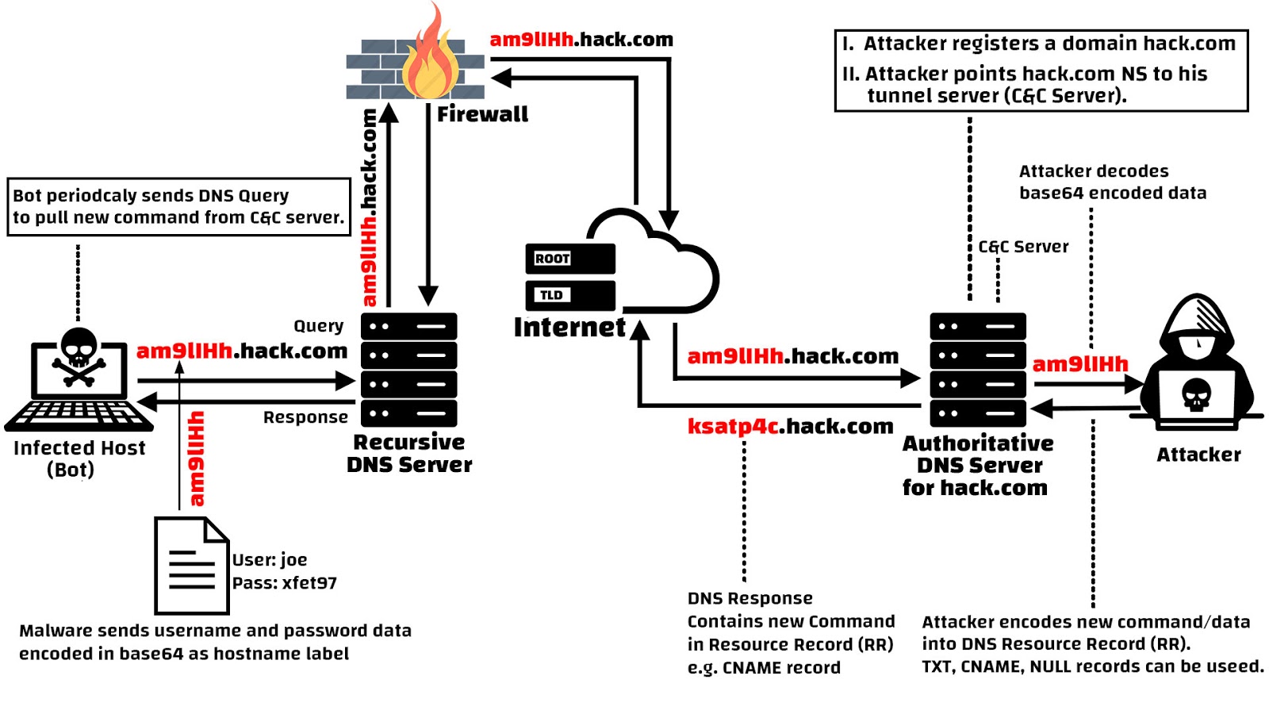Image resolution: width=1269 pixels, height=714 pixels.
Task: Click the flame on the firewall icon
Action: [x=431, y=59]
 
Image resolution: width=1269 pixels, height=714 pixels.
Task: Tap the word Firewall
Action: [x=482, y=114]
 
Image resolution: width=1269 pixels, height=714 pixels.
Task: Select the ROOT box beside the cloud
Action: [x=569, y=259]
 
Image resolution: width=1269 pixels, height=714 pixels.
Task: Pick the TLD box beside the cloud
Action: [x=569, y=295]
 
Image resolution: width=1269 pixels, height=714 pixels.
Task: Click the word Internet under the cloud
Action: [x=569, y=327]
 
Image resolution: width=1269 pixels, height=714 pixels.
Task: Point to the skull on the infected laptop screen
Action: [x=79, y=357]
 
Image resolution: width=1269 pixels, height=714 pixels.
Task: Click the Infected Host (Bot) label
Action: [x=79, y=459]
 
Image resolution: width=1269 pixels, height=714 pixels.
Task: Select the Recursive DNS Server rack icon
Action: [x=408, y=370]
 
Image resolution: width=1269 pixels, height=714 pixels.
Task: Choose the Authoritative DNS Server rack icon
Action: [x=978, y=370]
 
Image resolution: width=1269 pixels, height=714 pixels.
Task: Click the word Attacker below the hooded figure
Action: [x=1198, y=455]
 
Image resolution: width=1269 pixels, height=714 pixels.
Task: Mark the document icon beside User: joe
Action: [x=191, y=566]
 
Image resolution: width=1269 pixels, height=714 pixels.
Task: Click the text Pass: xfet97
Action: [x=284, y=583]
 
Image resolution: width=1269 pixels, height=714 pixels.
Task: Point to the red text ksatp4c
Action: [x=734, y=426]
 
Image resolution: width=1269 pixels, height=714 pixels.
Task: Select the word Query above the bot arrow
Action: [x=319, y=326]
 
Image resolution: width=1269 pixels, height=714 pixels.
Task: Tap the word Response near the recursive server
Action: [x=305, y=417]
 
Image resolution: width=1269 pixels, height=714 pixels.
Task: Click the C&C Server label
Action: [x=1023, y=247]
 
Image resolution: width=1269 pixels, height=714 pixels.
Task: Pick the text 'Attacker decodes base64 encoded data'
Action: [x=1112, y=182]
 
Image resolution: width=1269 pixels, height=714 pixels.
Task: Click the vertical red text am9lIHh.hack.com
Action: [x=369, y=208]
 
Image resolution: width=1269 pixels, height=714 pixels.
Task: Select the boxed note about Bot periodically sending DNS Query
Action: [x=178, y=206]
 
